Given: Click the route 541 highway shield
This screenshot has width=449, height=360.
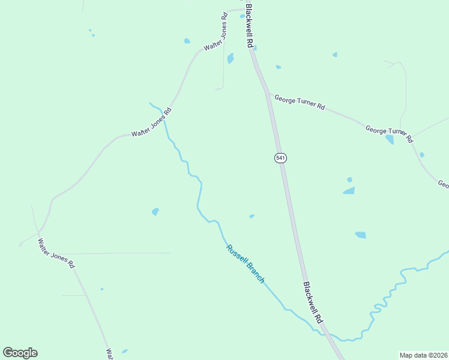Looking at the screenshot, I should coord(280,158).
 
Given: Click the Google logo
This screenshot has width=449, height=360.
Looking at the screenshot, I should coord(20,353).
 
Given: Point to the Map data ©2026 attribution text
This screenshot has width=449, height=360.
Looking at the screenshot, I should coord(424,355).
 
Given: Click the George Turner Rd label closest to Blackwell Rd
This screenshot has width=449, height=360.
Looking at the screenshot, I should coord(300,103).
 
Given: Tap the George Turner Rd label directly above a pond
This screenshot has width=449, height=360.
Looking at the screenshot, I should coord(389,131).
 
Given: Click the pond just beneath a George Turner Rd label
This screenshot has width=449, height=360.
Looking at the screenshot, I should coord(390,140).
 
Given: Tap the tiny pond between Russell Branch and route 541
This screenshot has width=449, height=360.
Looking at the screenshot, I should coord(252,216).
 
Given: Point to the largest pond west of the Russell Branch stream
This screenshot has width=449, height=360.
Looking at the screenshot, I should coord(155,212).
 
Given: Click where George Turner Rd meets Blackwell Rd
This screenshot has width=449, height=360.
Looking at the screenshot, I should coord(267,92).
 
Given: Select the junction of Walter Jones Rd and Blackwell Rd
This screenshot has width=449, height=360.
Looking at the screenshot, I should coord(247,9).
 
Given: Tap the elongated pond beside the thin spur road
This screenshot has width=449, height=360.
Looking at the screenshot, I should coord(231,58).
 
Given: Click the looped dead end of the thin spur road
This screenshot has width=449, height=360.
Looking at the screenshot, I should coord(219,89).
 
